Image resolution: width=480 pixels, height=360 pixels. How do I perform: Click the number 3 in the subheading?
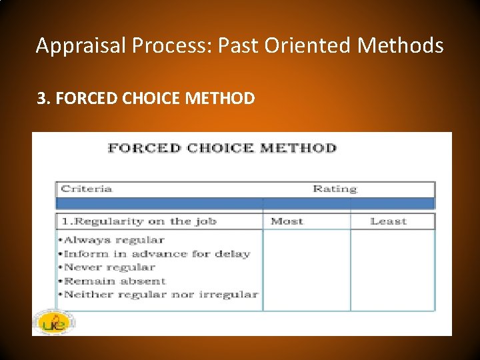[41, 99]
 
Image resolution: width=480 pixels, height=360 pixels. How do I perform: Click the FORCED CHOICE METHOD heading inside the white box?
[222, 148]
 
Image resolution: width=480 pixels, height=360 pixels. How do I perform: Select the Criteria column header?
[87, 189]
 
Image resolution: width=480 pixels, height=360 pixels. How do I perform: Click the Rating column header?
[335, 189]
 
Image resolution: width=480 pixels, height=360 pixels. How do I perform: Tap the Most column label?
[287, 221]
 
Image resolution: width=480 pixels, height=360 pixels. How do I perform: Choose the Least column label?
[388, 221]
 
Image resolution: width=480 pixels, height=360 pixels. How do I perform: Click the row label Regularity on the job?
[139, 221]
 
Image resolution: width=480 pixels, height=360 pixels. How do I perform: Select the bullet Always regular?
[112, 240]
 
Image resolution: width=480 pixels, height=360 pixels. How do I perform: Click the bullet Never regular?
[109, 267]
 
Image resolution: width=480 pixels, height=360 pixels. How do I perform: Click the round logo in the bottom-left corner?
[53, 322]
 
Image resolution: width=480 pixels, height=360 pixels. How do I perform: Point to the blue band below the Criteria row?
[245, 203]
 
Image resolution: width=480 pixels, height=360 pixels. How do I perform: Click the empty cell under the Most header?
[307, 270]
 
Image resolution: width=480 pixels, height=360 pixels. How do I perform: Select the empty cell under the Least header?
[393, 270]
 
